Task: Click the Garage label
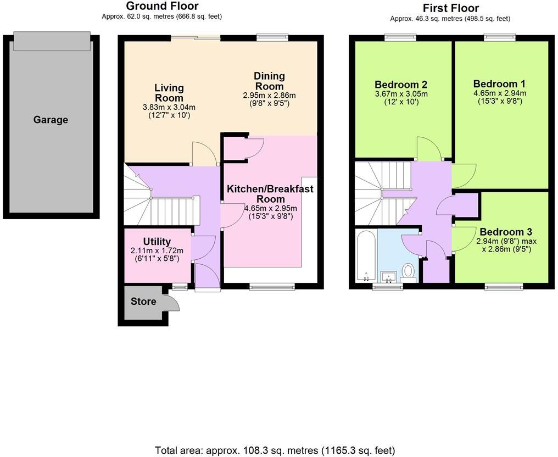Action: coord(51,120)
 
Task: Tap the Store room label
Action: coord(143,301)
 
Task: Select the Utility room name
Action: coord(157,242)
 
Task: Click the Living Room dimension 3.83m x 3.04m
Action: coord(169,107)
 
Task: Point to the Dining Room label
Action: coord(269,81)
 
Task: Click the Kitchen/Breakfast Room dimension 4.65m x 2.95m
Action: coord(270,208)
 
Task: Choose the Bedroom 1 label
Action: coord(499,84)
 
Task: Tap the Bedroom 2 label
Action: coord(400,85)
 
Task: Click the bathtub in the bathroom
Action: coord(365,255)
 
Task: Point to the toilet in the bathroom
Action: coord(408,271)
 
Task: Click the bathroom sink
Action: coord(389,276)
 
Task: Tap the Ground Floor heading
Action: coord(162,6)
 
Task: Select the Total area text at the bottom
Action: coord(275,450)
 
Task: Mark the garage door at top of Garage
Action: coord(51,40)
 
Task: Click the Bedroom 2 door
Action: coord(427,147)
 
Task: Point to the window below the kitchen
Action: coord(271,286)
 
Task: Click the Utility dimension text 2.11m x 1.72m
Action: coord(157,251)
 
